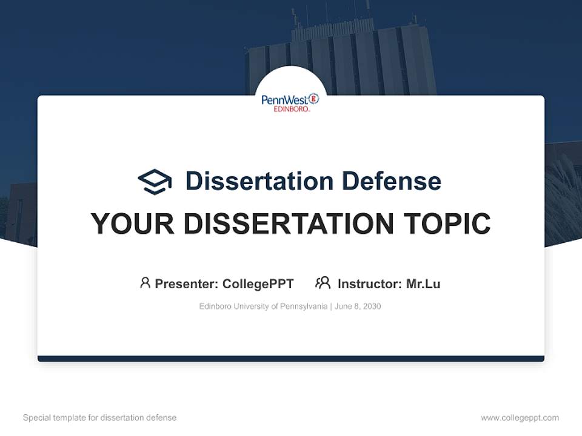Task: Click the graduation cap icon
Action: [155, 182]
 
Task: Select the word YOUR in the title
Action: [133, 224]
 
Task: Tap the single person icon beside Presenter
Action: [145, 283]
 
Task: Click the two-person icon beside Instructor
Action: [323, 283]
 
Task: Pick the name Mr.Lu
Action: [423, 283]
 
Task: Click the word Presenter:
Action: [187, 283]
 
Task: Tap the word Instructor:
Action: [369, 283]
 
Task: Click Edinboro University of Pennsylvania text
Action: [263, 306]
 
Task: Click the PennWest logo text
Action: [284, 99]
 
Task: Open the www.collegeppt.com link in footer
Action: [520, 418]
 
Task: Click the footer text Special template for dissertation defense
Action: [100, 418]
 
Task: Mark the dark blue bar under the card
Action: [291, 358]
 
